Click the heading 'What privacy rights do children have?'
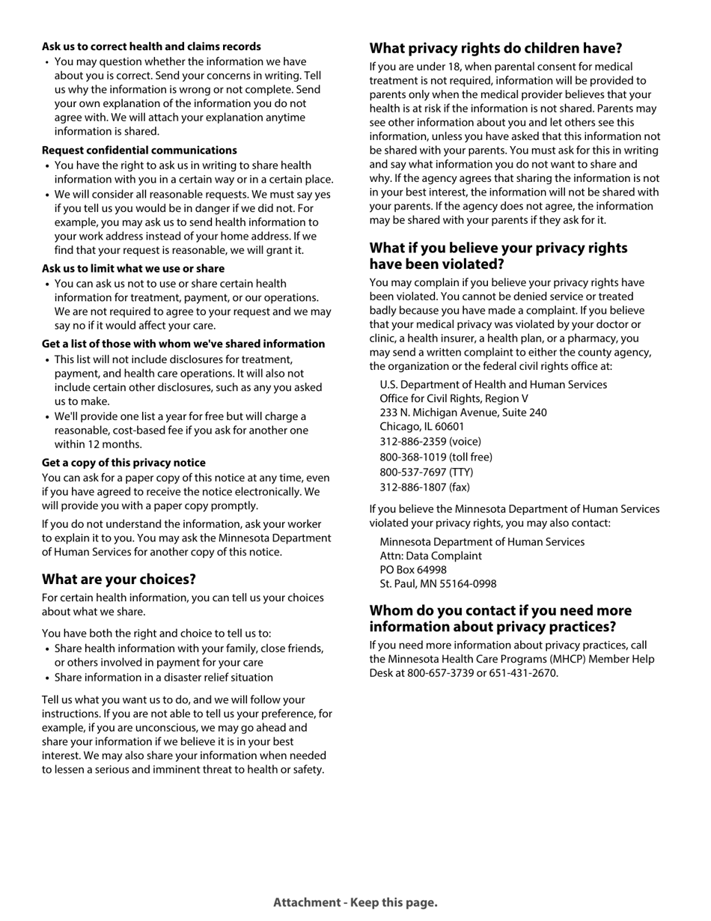click(495, 49)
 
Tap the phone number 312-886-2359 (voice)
click(430, 442)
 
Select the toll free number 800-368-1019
click(436, 457)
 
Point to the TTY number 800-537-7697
click(426, 472)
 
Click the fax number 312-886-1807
click(424, 487)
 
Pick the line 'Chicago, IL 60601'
click(421, 426)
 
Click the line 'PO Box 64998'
click(413, 570)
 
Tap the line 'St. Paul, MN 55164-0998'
click(438, 584)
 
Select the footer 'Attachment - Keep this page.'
click(355, 902)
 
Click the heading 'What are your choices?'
click(118, 580)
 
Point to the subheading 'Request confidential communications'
click(139, 151)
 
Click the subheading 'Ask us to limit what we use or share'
click(133, 269)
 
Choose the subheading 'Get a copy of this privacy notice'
click(123, 463)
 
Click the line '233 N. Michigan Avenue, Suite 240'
click(463, 413)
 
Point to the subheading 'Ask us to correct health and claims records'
click(151, 46)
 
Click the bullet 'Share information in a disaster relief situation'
click(163, 678)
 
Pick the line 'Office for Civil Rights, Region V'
click(454, 398)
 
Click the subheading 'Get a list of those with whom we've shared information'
click(183, 344)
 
